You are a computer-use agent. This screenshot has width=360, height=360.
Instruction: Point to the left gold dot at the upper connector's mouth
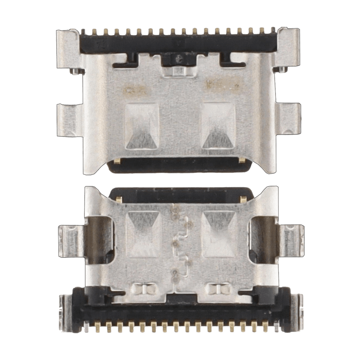(117, 161)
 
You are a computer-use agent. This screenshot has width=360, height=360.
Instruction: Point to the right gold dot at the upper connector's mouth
(243, 161)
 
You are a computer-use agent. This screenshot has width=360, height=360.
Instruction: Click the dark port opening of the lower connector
(180, 194)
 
